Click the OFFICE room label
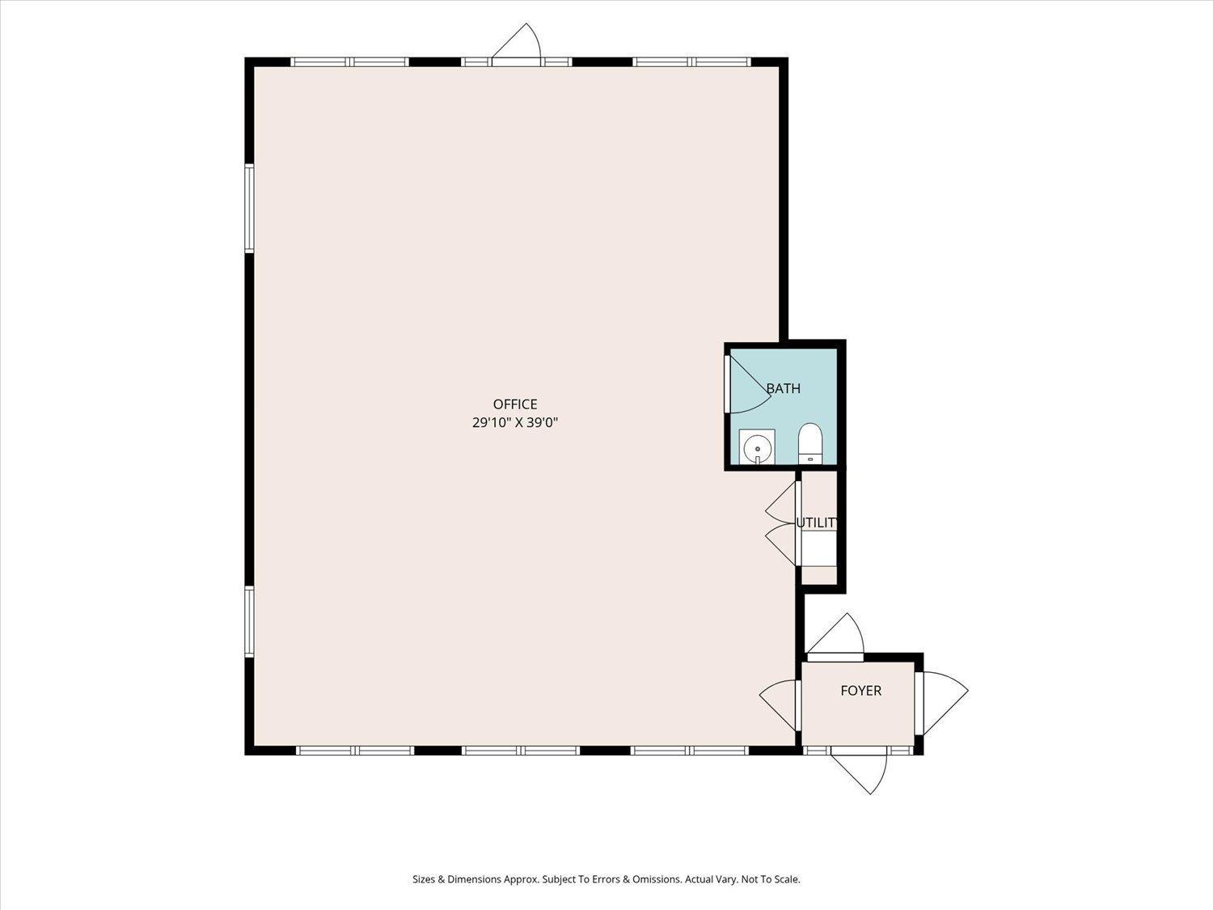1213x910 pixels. [x=515, y=404]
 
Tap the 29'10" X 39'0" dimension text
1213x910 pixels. [x=515, y=423]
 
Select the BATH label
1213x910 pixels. [x=783, y=388]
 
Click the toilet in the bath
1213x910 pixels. [x=811, y=443]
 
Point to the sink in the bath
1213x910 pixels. [x=757, y=447]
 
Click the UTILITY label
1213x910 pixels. [x=816, y=523]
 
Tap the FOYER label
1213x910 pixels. [x=861, y=690]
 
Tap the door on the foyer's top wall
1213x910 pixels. [x=835, y=637]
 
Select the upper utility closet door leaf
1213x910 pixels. [x=780, y=503]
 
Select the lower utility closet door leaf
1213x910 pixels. [x=780, y=544]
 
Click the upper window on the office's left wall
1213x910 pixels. [x=249, y=209]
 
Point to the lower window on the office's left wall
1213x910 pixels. [x=249, y=621]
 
